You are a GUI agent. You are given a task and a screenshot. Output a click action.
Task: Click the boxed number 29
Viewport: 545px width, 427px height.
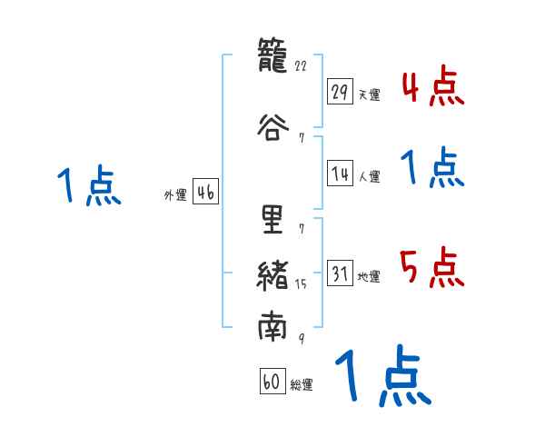pyautogui.click(x=341, y=92)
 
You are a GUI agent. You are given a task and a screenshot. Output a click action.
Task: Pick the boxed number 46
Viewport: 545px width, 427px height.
pyautogui.click(x=205, y=193)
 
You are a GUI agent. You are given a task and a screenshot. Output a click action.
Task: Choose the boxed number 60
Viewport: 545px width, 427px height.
pyautogui.click(x=272, y=382)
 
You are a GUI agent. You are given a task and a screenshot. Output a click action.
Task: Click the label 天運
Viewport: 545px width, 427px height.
pyautogui.click(x=369, y=94)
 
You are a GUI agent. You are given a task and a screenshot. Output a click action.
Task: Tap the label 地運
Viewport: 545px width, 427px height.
pyautogui.click(x=369, y=277)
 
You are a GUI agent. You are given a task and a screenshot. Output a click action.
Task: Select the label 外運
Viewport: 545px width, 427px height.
pyautogui.click(x=175, y=195)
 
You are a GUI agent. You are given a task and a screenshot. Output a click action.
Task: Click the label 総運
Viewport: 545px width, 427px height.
pyautogui.click(x=302, y=385)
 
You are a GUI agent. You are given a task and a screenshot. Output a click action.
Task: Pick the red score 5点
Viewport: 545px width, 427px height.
pyautogui.click(x=432, y=268)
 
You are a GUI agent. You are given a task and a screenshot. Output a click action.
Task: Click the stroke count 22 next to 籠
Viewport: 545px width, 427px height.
pyautogui.click(x=302, y=65)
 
